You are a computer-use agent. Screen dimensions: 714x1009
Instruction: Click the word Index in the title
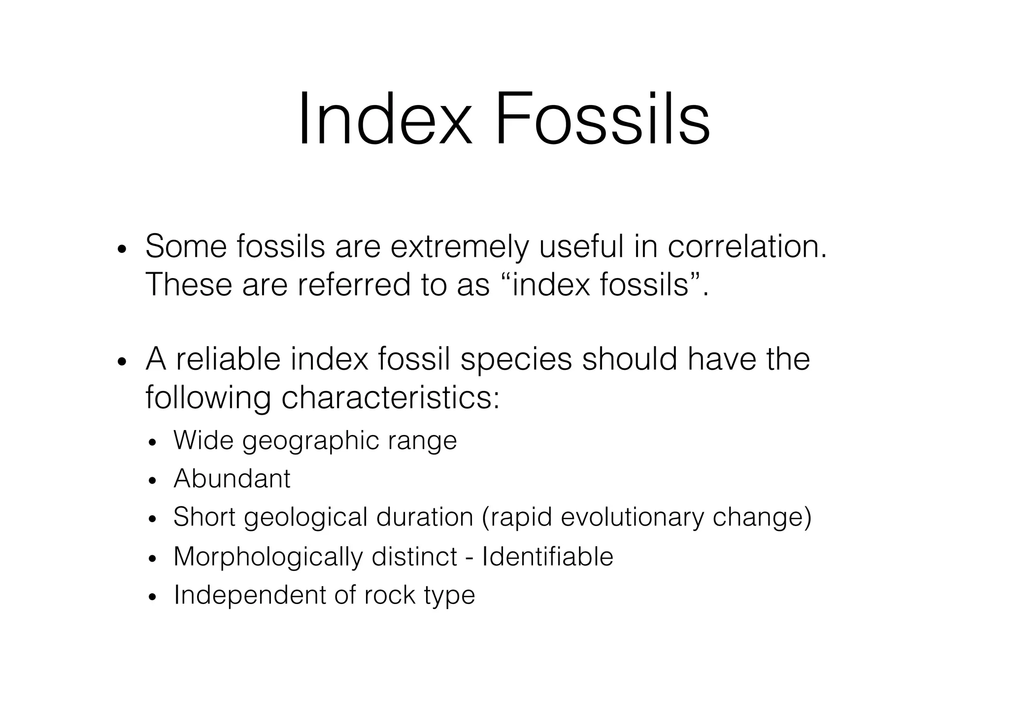coord(384,119)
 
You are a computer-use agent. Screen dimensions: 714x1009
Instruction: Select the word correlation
coord(746,247)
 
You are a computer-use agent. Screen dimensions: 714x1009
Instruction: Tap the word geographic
coord(310,441)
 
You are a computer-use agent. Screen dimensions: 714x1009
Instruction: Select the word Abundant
coord(232,478)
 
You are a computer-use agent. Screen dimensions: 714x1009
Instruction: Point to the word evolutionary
coord(631,518)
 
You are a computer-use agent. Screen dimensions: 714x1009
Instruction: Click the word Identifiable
coord(547,556)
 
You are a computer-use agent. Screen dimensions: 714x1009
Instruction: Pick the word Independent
coord(249,595)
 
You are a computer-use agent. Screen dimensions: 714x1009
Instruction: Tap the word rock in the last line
coord(390,595)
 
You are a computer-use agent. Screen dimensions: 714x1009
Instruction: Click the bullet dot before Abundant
coord(152,480)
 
